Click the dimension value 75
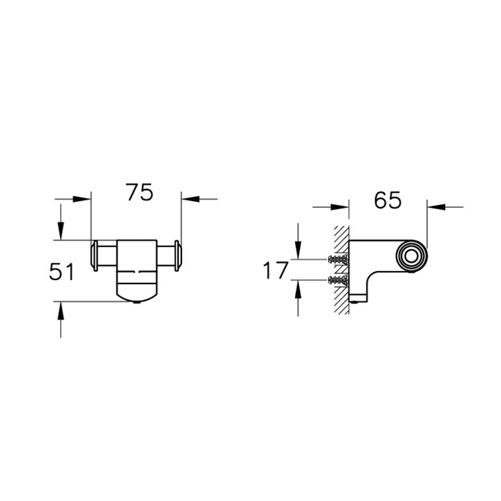[139, 192]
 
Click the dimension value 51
[61, 272]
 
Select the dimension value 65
[387, 200]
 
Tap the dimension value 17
[275, 270]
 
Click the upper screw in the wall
[338, 259]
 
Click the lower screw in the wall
[338, 279]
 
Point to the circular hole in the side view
[411, 256]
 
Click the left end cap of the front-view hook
[95, 256]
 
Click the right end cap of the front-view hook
[178, 256]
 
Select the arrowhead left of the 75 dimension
[82, 199]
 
